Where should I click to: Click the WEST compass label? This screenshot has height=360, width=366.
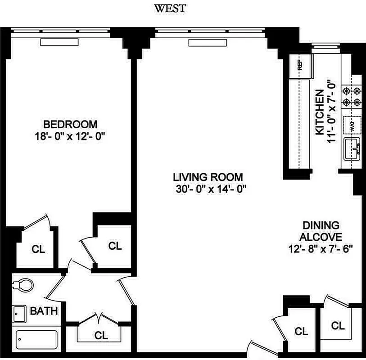170,8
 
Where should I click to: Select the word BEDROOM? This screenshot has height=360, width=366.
70,124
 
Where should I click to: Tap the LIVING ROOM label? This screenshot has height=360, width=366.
209,177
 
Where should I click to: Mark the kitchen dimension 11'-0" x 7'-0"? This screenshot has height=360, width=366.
332,112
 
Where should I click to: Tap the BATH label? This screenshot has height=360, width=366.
44,310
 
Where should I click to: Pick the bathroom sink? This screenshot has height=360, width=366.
19,314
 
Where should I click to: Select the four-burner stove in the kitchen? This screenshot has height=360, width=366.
352,95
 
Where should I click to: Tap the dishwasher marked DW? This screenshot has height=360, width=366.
351,124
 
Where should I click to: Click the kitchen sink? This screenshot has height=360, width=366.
352,149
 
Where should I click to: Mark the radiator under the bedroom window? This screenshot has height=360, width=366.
59,42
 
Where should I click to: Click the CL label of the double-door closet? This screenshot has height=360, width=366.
101,335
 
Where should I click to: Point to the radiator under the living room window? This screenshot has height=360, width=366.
201,42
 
